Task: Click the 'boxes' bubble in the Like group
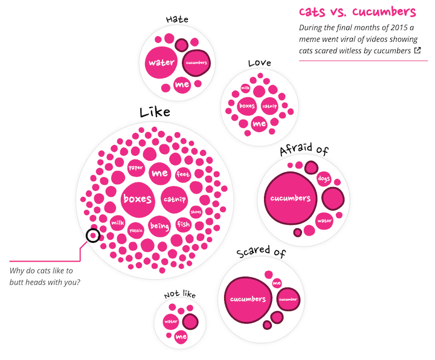[138, 199]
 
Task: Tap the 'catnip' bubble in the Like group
[175, 199]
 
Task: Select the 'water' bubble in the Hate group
[161, 62]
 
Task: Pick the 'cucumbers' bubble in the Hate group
[196, 63]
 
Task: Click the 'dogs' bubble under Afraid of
[324, 179]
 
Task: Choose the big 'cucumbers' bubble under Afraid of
[291, 198]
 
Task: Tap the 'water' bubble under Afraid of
[324, 221]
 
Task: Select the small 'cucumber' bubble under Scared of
[288, 299]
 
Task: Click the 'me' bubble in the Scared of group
[277, 283]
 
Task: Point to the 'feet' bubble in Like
[183, 175]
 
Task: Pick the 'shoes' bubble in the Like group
[196, 212]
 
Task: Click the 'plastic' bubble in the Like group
[136, 231]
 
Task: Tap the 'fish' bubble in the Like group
[184, 224]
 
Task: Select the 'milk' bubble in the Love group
[245, 88]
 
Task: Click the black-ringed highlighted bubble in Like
[93, 236]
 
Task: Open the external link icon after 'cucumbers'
[417, 50]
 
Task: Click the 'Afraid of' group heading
[304, 149]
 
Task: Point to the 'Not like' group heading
[180, 294]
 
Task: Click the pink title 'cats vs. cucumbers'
[357, 11]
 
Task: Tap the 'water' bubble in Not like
[171, 322]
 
